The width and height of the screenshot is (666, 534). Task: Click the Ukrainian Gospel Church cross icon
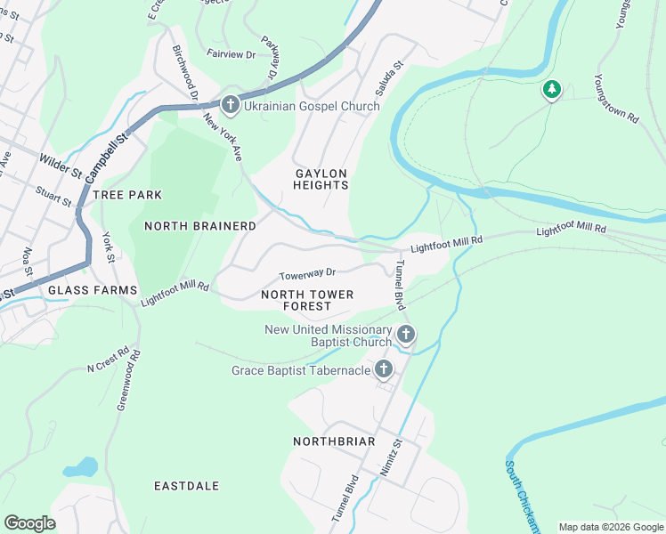230,106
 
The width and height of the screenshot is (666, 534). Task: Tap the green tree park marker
552,90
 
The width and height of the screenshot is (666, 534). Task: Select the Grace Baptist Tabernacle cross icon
384,369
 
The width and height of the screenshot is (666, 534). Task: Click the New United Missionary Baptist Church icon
406,336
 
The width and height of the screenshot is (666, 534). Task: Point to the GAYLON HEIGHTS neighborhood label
321,179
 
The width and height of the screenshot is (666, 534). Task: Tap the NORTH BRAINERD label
200,226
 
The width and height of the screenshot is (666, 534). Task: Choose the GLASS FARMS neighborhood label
93,291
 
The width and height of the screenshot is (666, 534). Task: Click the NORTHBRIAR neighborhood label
334,441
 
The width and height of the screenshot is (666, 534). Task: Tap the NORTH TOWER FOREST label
307,300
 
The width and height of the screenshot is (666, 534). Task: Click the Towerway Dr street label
306,274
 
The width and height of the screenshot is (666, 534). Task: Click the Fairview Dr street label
231,54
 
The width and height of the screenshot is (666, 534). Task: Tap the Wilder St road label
61,164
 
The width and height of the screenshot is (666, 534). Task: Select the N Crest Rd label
108,359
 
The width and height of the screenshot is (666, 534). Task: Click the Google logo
29,523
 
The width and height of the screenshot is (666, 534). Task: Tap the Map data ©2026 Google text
611,527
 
